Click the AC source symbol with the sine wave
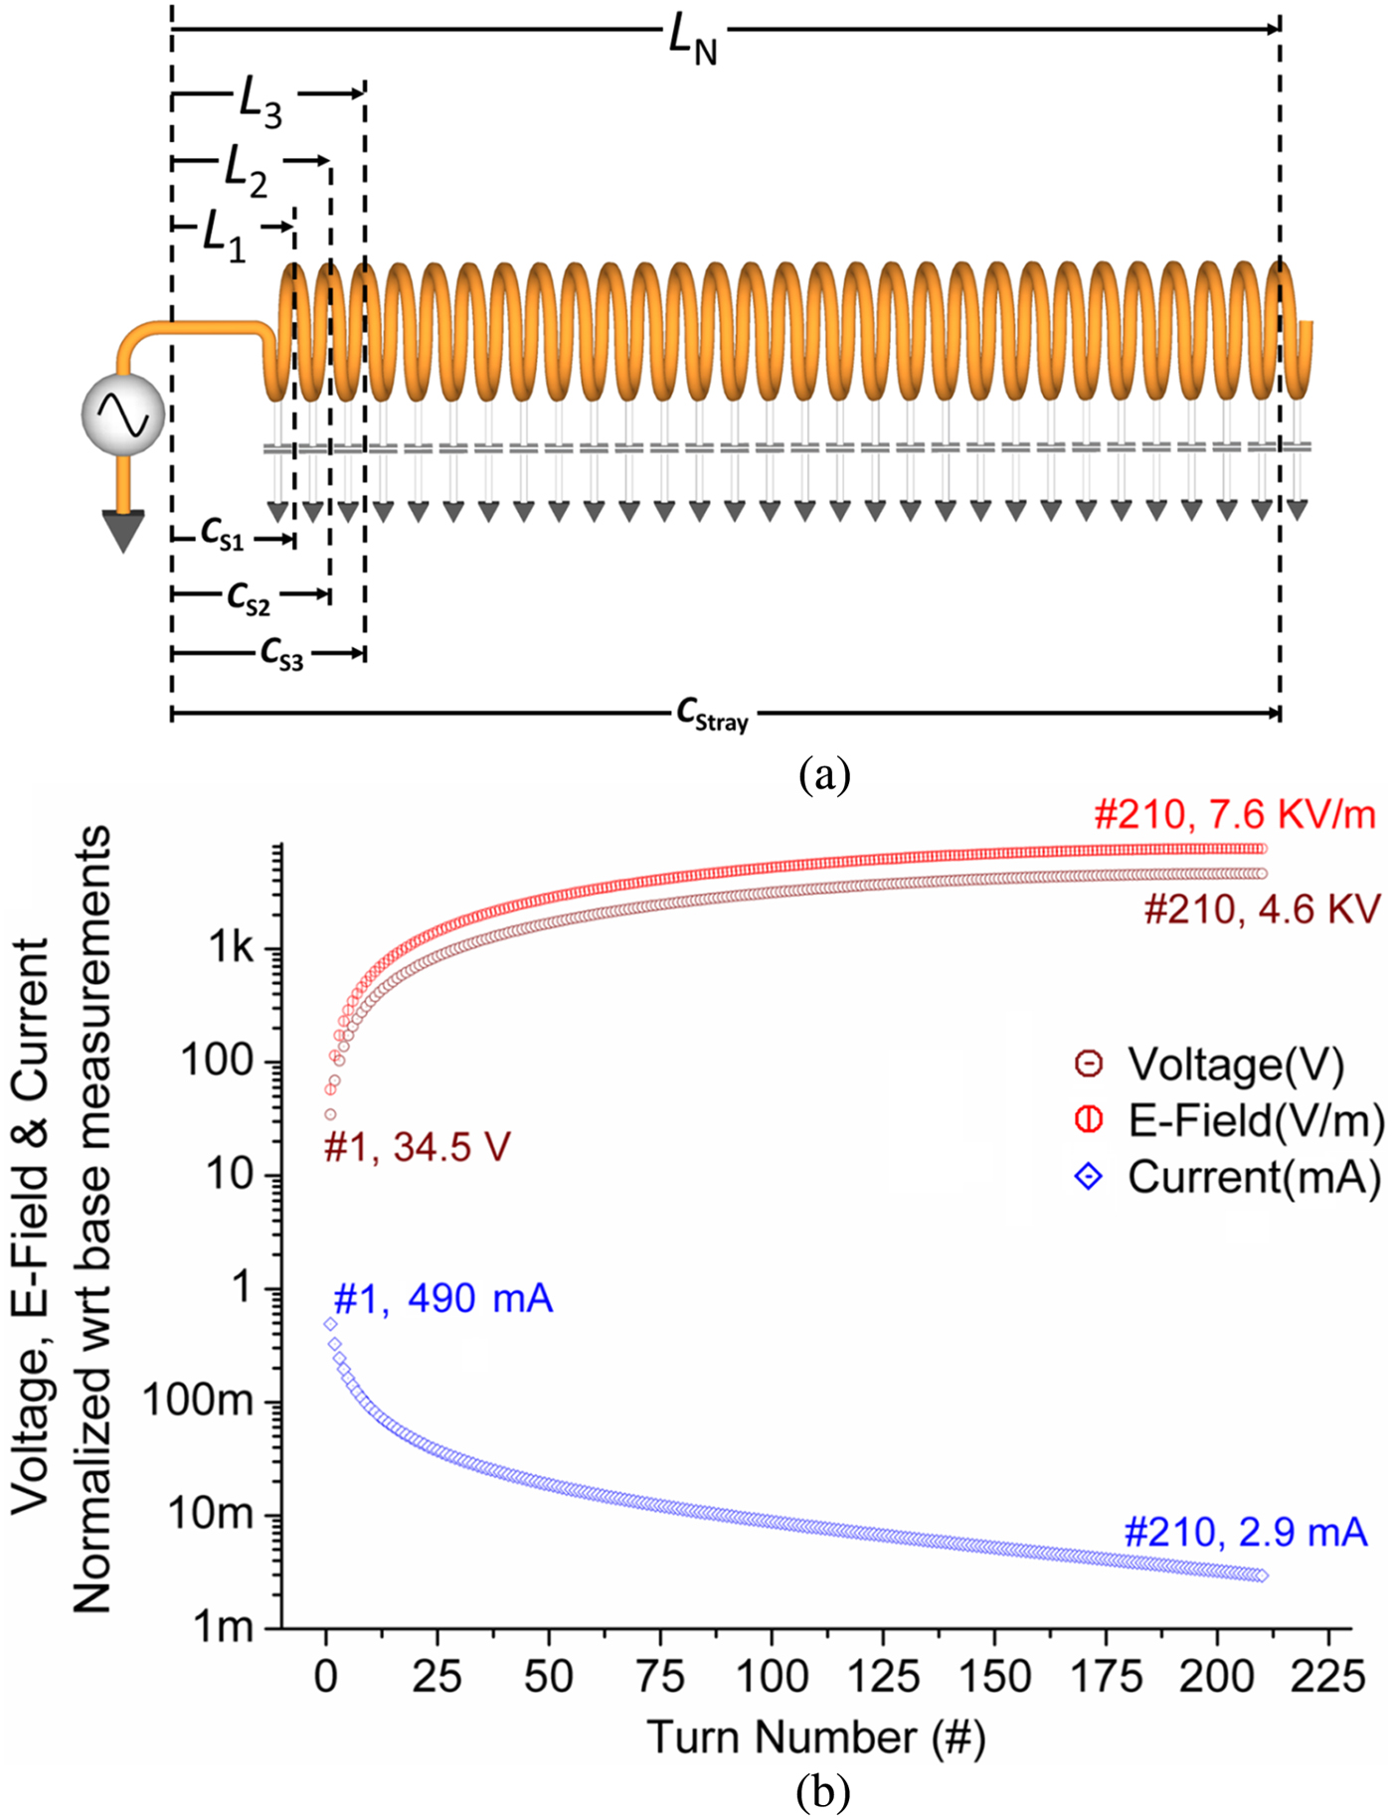[123, 416]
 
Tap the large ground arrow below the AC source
[123, 529]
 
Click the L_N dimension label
[693, 42]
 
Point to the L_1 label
[224, 237]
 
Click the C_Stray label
[712, 715]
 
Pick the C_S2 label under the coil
[249, 598]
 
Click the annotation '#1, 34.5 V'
[417, 1148]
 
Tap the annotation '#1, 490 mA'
[442, 1298]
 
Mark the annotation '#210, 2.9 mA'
[1245, 1532]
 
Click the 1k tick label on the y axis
[231, 949]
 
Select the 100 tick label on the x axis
[772, 1677]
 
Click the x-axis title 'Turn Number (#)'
[815, 1737]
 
